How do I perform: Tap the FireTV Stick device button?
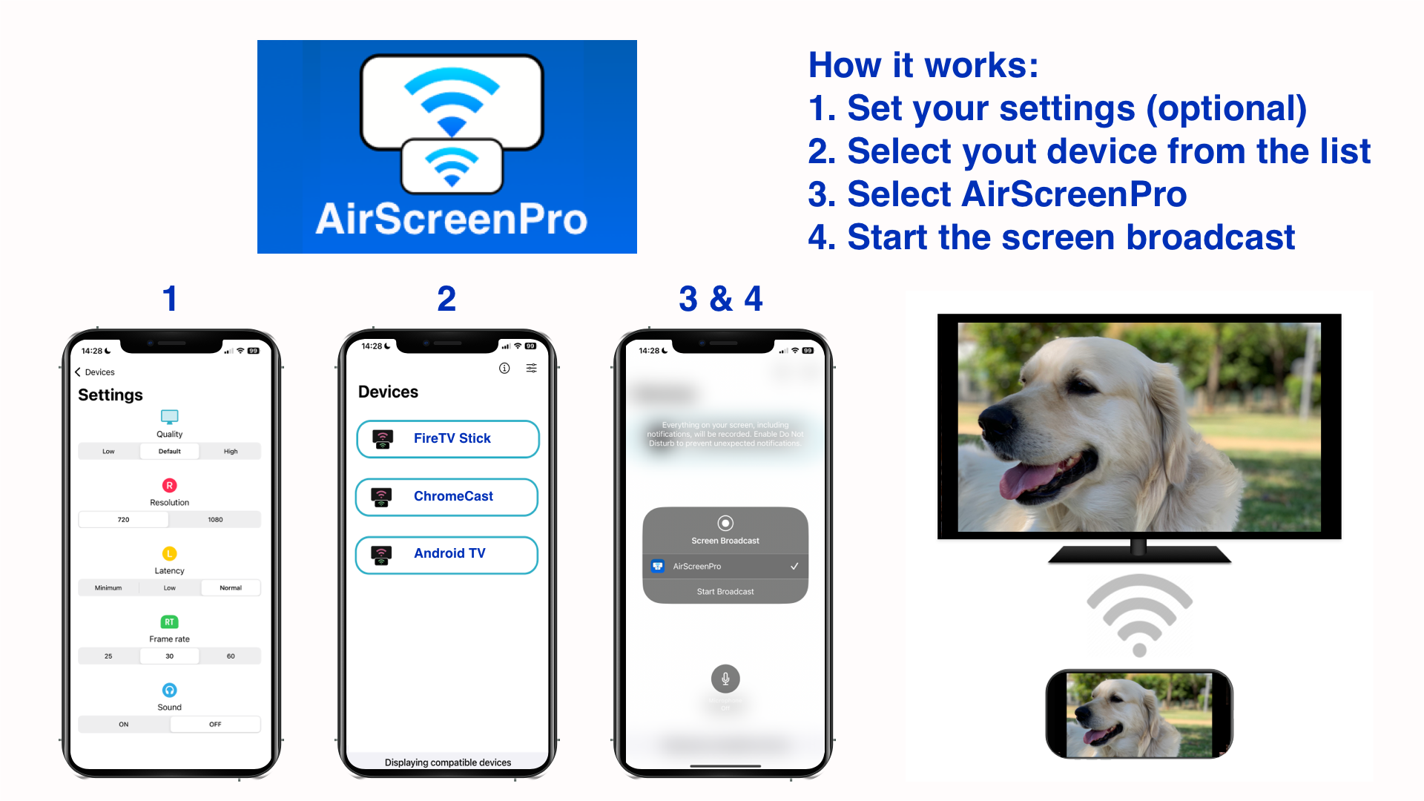pyautogui.click(x=447, y=439)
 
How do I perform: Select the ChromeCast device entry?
pyautogui.click(x=447, y=497)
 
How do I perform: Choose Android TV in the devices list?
pyautogui.click(x=447, y=554)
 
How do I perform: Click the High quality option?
pyautogui.click(x=231, y=451)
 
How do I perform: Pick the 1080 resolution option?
pyautogui.click(x=215, y=519)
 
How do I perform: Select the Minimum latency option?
pyautogui.click(x=108, y=587)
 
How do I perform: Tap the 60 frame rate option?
pyautogui.click(x=231, y=656)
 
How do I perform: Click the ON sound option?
pyautogui.click(x=124, y=724)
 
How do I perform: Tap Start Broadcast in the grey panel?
pyautogui.click(x=725, y=591)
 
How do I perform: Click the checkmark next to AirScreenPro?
pyautogui.click(x=794, y=566)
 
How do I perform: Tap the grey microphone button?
pyautogui.click(x=725, y=678)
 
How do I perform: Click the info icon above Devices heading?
pyautogui.click(x=504, y=368)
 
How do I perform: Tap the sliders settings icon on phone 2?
pyautogui.click(x=532, y=368)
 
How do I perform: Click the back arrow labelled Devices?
pyautogui.click(x=78, y=372)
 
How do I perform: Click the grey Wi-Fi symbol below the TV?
pyautogui.click(x=1139, y=616)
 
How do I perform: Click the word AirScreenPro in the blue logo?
pyautogui.click(x=451, y=220)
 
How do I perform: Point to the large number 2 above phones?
pyautogui.click(x=446, y=299)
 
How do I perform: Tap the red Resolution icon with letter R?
pyautogui.click(x=169, y=485)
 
